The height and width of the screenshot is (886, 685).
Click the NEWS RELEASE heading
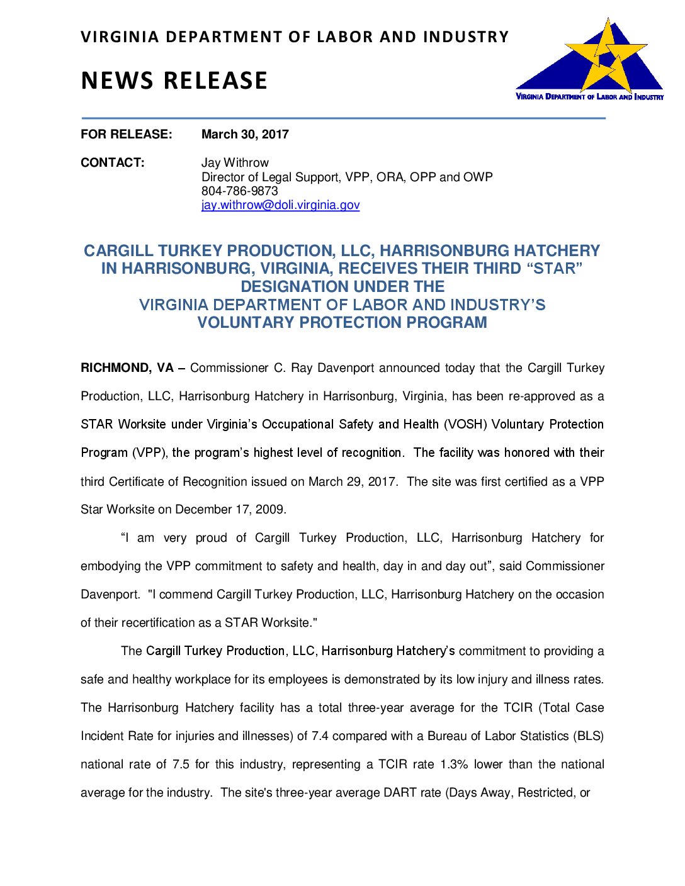(174, 81)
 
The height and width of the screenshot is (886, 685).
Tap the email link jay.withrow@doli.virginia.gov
(280, 205)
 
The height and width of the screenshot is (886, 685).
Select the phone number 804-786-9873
(239, 191)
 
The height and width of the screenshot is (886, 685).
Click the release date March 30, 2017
(245, 134)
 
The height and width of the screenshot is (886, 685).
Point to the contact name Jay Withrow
(235, 162)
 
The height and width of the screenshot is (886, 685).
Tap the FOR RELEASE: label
(126, 134)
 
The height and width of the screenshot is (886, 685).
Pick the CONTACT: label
(112, 162)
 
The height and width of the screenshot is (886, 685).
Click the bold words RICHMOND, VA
(127, 368)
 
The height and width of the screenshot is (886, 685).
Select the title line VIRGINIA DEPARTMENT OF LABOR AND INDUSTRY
(294, 37)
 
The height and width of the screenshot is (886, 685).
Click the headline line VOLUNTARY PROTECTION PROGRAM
(342, 323)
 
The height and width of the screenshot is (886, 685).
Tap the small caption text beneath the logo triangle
(589, 97)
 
